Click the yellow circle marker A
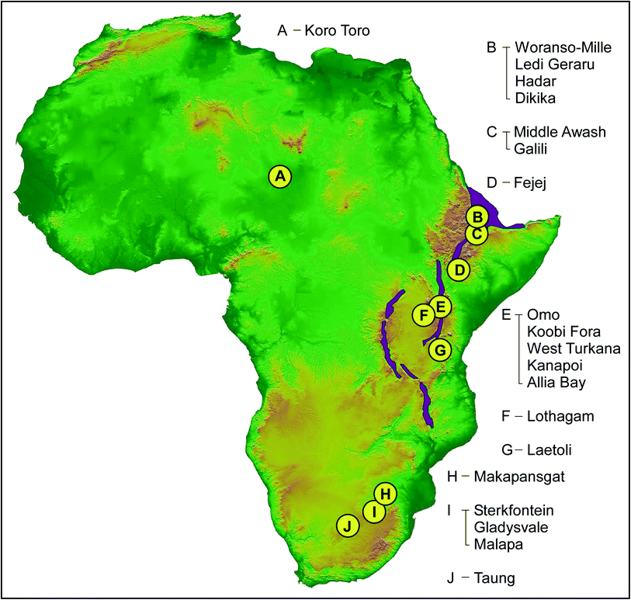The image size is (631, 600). click(x=281, y=177)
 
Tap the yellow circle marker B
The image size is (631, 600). click(x=478, y=216)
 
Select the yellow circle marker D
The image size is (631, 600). click(x=459, y=270)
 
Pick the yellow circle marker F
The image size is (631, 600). click(x=424, y=315)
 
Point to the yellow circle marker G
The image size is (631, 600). click(x=439, y=350)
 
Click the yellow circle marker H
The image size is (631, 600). click(x=386, y=493)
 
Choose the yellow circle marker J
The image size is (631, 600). click(x=348, y=525)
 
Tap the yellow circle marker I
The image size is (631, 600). click(x=374, y=512)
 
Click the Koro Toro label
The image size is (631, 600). click(x=338, y=31)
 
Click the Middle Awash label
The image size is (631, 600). click(x=560, y=132)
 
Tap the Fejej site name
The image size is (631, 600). click(x=531, y=183)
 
